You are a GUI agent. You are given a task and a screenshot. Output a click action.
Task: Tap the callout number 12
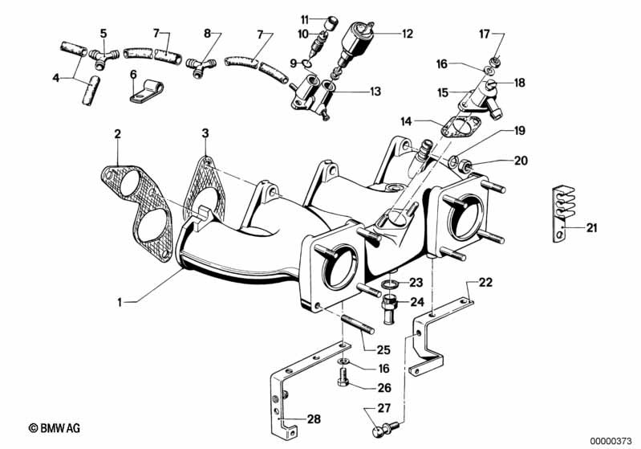click(408, 34)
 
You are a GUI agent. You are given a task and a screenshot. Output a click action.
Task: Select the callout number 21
click(591, 229)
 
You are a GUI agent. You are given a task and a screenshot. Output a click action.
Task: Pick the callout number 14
click(406, 120)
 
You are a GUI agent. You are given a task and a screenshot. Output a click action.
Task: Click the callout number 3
click(205, 132)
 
